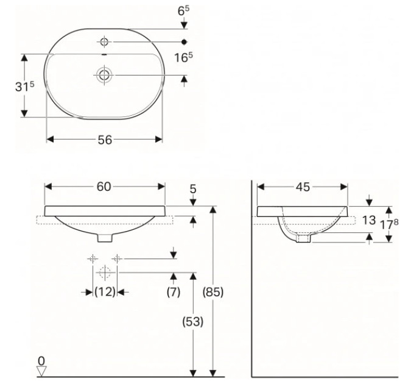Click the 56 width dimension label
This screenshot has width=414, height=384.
click(x=105, y=140)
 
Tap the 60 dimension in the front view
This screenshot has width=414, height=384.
click(x=103, y=187)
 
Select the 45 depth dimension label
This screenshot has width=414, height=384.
click(x=303, y=187)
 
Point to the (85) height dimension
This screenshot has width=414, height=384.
click(x=213, y=292)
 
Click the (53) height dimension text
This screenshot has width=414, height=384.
click(x=193, y=322)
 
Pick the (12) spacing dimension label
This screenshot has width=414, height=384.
click(x=105, y=292)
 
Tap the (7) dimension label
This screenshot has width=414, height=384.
click(x=174, y=292)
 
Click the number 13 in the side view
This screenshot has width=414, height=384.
click(x=368, y=220)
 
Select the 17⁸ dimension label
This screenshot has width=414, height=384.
click(x=389, y=224)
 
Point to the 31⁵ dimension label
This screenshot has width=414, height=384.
click(x=24, y=86)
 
